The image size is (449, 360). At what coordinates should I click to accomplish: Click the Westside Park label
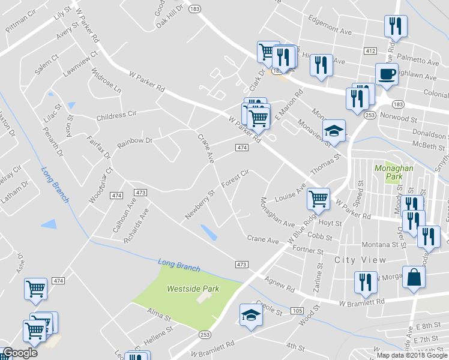click(193, 289)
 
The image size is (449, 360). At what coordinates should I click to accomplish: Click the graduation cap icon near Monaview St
click(334, 131)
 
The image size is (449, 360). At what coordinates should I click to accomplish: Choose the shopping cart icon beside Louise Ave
click(318, 199)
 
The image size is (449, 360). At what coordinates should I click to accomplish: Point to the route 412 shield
click(370, 52)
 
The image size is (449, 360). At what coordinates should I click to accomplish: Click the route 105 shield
click(298, 311)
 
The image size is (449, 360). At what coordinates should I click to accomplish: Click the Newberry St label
click(200, 205)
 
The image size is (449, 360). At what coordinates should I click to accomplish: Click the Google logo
click(20, 353)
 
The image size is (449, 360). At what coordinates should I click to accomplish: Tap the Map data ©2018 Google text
click(412, 355)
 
